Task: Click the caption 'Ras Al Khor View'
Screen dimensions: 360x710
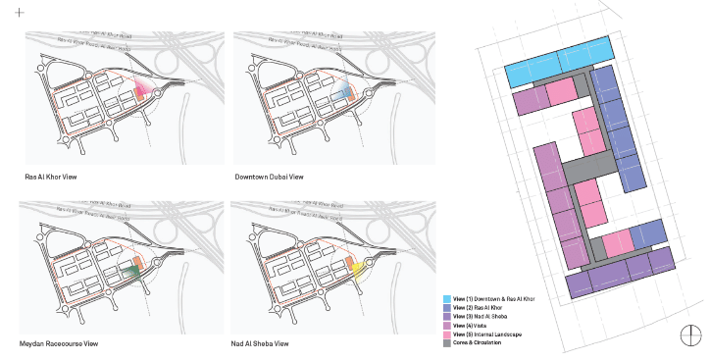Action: tap(51, 177)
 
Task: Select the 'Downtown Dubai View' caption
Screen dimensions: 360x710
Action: tap(269, 177)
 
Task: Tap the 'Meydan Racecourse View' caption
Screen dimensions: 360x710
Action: tap(59, 344)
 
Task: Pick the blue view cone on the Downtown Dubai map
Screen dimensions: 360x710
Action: tap(342, 93)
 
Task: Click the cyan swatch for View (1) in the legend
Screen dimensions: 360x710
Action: tap(446, 298)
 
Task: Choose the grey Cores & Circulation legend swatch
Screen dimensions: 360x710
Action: tap(446, 343)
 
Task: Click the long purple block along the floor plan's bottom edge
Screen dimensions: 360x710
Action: tap(623, 274)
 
